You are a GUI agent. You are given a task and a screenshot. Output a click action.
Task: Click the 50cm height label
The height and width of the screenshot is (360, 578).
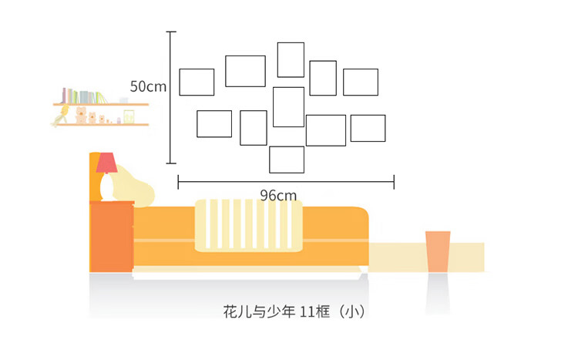(x=148, y=86)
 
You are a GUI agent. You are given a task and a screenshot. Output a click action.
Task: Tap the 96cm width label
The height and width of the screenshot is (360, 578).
(x=278, y=196)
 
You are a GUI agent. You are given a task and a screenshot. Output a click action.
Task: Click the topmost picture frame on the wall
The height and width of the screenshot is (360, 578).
(x=291, y=43)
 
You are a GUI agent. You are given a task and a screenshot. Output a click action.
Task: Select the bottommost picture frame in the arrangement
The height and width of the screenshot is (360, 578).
(x=287, y=146)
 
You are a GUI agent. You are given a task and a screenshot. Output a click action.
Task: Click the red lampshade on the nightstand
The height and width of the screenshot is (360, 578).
(x=107, y=163)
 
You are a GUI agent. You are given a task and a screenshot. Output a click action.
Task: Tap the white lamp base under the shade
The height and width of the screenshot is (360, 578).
(x=106, y=187)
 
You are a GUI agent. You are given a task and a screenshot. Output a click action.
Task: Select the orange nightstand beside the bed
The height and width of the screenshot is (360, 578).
(x=112, y=237)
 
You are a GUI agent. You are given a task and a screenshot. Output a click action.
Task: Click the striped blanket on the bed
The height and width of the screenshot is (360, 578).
(x=249, y=226)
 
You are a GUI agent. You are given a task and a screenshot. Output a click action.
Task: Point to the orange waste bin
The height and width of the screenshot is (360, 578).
(x=438, y=252)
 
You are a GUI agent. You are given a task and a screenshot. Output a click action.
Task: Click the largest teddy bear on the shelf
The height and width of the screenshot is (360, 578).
(x=81, y=115)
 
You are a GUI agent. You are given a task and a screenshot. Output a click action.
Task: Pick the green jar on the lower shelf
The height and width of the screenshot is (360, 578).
(x=129, y=117)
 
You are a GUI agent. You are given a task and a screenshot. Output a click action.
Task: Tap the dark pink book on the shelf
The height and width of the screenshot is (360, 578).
(x=64, y=96)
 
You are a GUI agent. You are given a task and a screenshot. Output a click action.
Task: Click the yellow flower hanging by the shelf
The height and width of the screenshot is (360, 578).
(x=62, y=114)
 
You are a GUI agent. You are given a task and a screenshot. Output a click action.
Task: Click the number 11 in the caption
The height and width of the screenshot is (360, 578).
(x=307, y=312)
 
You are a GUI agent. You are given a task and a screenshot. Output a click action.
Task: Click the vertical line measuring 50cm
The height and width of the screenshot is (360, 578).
(x=170, y=97)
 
